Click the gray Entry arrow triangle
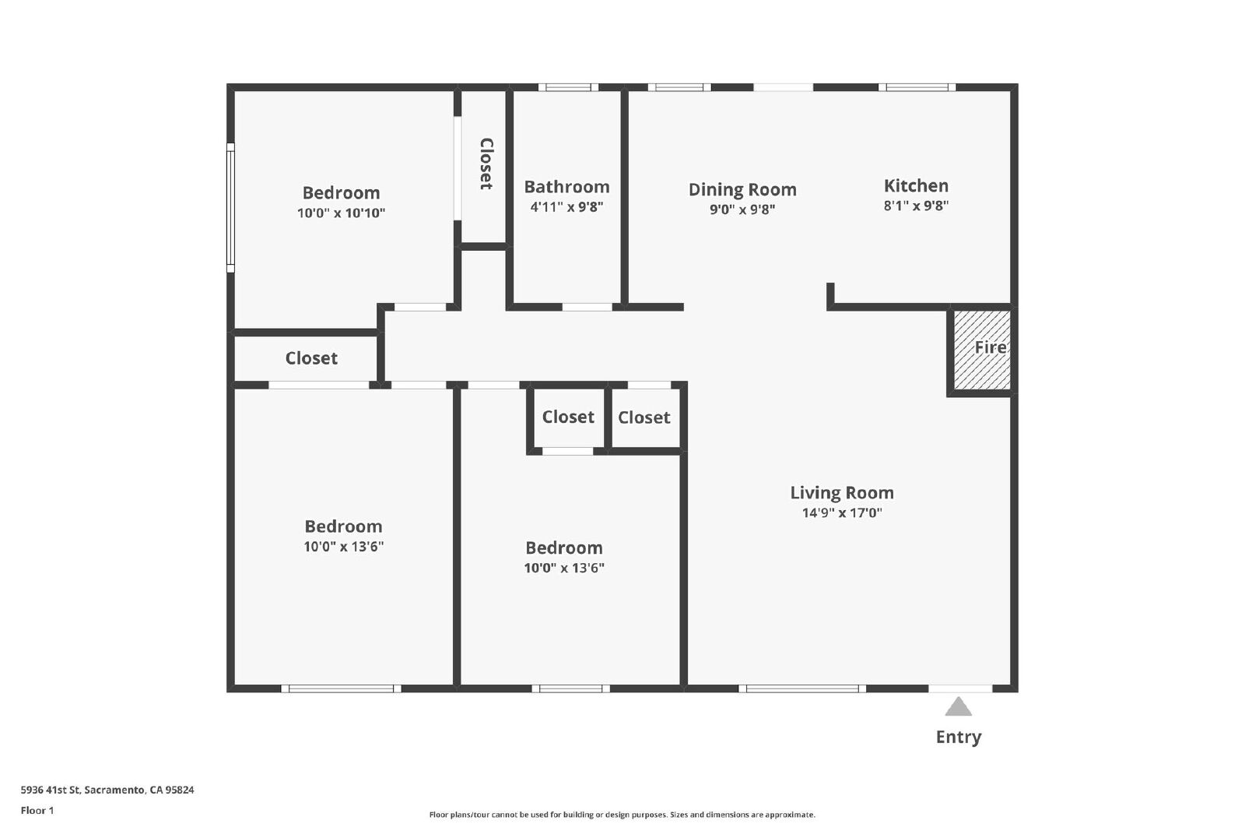click(958, 706)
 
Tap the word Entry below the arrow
click(959, 737)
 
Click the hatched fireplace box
click(982, 350)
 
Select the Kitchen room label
click(916, 185)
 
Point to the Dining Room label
click(742, 189)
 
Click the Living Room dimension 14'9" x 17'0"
click(842, 512)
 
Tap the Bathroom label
click(567, 186)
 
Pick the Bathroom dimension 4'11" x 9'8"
click(567, 207)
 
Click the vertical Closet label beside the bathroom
click(486, 164)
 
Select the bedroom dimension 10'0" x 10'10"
click(342, 213)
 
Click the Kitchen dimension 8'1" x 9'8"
click(916, 206)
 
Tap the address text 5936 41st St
click(51, 790)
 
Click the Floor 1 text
click(37, 811)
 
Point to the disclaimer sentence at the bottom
click(622, 815)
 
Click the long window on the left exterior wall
click(230, 208)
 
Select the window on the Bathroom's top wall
click(568, 87)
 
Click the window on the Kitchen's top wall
click(917, 87)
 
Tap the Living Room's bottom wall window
click(802, 688)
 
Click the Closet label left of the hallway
click(311, 358)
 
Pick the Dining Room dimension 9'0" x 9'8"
click(742, 210)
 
